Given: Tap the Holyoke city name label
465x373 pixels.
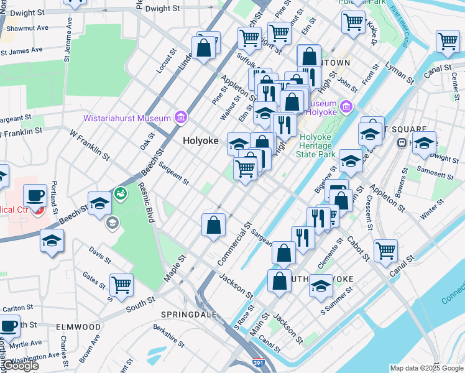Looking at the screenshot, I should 200,141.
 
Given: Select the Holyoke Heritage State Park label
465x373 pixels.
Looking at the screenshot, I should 317,145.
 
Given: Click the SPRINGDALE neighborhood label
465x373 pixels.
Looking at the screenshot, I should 188,315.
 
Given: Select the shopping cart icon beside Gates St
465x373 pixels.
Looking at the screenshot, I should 121,285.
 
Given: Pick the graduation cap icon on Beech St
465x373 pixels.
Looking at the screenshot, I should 99,203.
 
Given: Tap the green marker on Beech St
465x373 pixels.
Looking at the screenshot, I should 121,193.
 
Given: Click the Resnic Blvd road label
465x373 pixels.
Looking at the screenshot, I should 146,200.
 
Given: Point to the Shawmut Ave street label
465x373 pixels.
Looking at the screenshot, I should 25,28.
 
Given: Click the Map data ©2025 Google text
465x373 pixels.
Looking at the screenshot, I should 426,368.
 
